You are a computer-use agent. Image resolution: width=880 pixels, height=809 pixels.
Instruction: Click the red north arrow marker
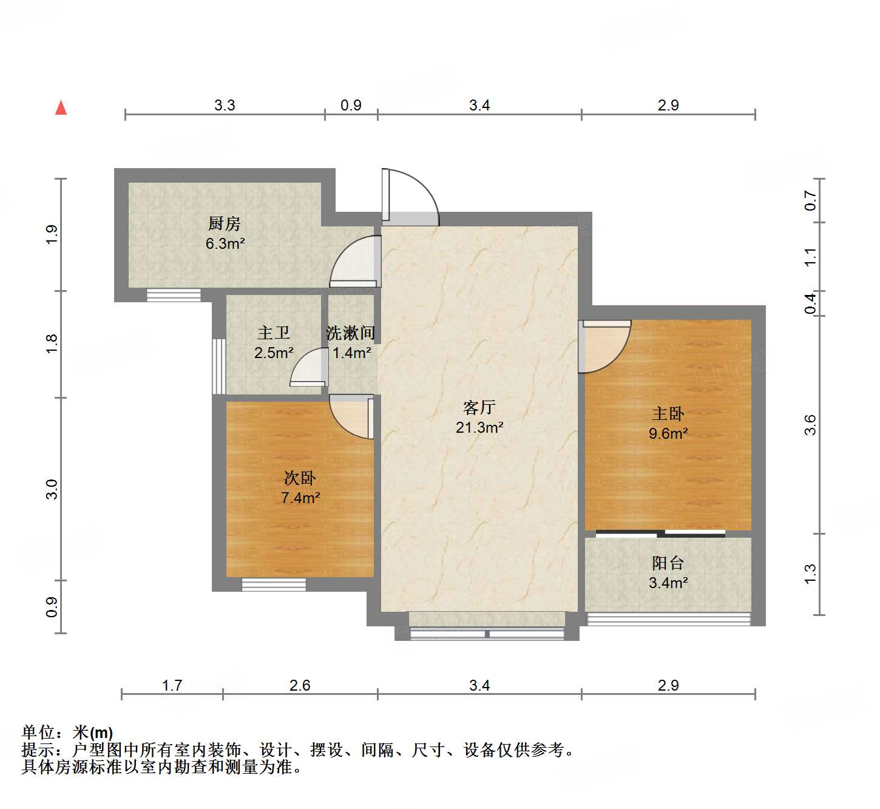point(61,107)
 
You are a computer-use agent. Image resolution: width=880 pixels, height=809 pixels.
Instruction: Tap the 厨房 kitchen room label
point(225,224)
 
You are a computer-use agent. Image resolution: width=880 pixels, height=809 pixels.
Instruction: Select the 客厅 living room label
point(479,407)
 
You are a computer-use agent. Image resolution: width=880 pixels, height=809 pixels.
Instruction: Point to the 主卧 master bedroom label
point(668,414)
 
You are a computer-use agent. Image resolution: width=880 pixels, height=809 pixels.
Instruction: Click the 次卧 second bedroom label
point(300,478)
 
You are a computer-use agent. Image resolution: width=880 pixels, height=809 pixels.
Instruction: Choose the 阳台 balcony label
point(668,563)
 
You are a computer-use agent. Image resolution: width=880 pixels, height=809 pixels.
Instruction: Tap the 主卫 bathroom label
point(274,333)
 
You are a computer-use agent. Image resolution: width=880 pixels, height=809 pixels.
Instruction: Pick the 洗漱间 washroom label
point(351,333)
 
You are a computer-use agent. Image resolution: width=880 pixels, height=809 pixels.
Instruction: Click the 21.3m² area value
point(479,427)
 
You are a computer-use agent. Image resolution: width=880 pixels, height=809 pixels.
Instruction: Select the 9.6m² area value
point(668,433)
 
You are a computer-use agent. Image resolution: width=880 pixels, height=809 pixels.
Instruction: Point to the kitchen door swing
point(356,261)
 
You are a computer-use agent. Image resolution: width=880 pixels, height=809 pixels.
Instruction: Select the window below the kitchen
point(174,296)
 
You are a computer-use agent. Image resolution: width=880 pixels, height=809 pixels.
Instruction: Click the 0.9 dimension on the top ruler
point(351,105)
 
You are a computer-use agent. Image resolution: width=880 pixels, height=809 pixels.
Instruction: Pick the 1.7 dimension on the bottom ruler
point(172,685)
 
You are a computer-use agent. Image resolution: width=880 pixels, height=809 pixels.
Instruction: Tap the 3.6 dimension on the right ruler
point(810,425)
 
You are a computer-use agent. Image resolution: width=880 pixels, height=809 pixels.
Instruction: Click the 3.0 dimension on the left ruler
point(52,489)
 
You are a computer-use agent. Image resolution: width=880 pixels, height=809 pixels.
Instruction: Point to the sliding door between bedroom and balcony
point(660,534)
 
